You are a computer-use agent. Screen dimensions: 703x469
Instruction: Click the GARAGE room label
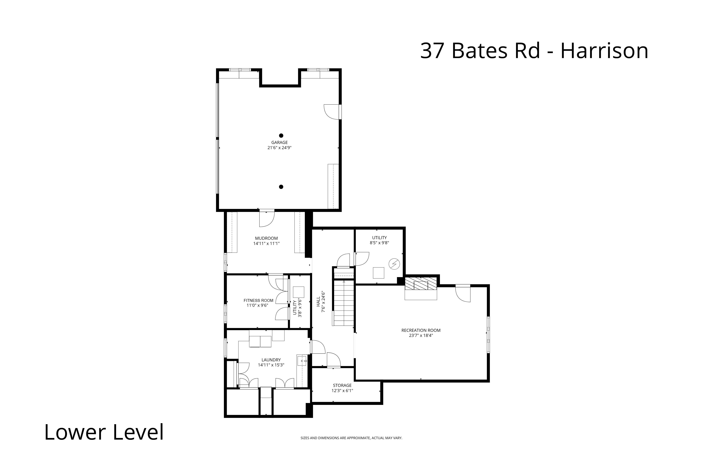tap(280, 142)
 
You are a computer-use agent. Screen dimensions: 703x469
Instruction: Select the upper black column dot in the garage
tap(281, 135)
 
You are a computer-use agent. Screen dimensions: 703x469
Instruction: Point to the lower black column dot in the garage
tap(281, 187)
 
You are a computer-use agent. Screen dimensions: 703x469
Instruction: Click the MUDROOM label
tap(266, 238)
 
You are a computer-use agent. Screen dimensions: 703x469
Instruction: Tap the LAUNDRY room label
tap(271, 360)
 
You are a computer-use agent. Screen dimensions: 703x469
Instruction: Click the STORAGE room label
tap(342, 385)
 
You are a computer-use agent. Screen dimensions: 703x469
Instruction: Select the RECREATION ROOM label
tap(421, 330)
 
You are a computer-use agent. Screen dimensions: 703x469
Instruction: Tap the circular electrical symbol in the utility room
tap(394, 264)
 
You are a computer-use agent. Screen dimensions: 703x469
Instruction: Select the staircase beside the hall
tap(344, 303)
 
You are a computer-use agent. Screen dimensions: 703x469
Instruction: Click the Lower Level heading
tap(104, 432)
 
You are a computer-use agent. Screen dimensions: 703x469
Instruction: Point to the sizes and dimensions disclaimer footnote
tap(351, 438)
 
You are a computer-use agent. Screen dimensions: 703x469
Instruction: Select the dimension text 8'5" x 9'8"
tap(379, 243)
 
